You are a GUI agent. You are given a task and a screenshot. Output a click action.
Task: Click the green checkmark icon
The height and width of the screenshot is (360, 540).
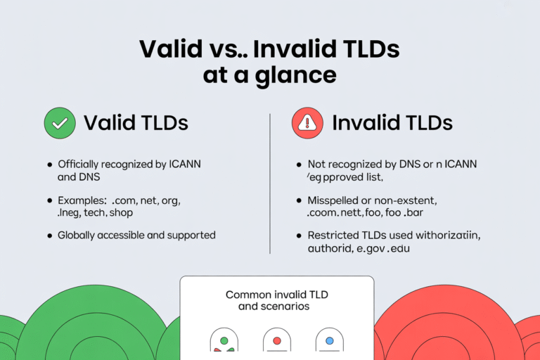tap(59, 123)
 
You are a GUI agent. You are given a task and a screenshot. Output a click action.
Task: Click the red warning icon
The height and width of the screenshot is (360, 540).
tap(307, 123)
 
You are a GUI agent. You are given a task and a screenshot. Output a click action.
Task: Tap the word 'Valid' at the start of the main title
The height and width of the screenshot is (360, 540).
tap(171, 49)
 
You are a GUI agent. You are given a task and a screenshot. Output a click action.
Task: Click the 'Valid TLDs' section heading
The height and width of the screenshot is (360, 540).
tap(136, 123)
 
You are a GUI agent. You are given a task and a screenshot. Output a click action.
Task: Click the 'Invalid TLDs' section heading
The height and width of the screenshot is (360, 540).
tap(392, 123)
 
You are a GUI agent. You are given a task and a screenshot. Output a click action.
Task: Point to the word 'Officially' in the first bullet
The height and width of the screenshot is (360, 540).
tap(82, 165)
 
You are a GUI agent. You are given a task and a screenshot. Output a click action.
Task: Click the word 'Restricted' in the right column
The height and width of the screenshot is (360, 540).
tap(333, 236)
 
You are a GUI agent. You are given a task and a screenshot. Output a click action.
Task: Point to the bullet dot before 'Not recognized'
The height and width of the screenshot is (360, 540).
tap(298, 165)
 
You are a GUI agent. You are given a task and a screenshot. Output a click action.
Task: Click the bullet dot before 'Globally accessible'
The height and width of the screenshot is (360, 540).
tap(49, 236)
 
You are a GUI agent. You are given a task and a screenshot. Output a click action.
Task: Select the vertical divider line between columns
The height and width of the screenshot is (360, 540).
tap(270, 183)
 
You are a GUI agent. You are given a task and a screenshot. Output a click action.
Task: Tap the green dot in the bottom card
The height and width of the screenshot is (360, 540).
tap(224, 340)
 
